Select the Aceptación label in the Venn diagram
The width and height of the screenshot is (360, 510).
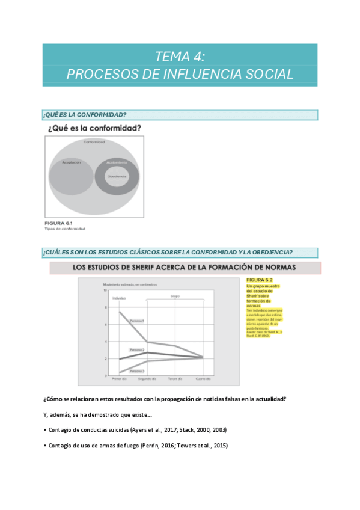pos(72,162)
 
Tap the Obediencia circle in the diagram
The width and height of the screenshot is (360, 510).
pos(117,176)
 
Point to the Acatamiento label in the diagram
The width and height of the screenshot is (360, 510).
pos(117,162)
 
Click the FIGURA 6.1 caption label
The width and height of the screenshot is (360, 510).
pos(57,223)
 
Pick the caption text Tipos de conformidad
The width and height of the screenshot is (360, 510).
pos(65,229)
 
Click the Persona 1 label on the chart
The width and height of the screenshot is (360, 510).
pos(137,321)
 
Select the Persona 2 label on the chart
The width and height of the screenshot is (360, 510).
pos(137,349)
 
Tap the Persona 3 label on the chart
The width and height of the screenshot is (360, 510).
pos(137,371)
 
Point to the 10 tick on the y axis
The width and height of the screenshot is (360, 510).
pos(105,290)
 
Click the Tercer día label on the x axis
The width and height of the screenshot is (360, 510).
pos(175,379)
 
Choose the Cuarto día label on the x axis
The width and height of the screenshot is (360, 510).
pos(203,379)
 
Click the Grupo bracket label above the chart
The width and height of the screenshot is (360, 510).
pos(175,296)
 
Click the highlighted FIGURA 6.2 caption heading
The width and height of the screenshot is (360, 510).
pos(260,280)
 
